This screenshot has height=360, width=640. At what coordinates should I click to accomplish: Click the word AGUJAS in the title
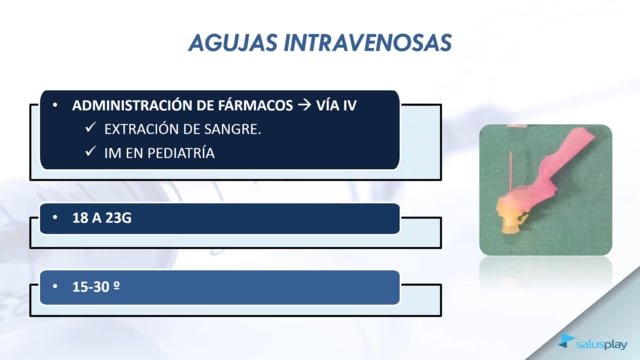coord(233,43)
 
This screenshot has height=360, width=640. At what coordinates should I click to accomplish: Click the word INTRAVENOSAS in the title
coord(368,43)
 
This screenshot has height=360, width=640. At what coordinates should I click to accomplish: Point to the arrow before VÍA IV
coord(304,105)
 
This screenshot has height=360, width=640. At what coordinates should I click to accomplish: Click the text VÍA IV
coord(336,105)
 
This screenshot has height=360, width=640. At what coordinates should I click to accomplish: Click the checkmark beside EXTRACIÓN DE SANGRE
coord(90,128)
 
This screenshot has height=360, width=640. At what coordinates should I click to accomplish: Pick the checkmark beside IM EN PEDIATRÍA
coord(90,151)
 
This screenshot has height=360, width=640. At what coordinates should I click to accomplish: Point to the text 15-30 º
coord(96,287)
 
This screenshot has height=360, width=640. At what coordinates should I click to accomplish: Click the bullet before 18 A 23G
coord(55,218)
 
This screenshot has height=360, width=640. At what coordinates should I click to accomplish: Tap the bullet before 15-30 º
coord(55,287)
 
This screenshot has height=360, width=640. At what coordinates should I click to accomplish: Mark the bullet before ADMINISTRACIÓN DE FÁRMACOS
coord(55,105)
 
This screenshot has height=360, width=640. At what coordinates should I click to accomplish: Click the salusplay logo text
coord(601,344)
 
